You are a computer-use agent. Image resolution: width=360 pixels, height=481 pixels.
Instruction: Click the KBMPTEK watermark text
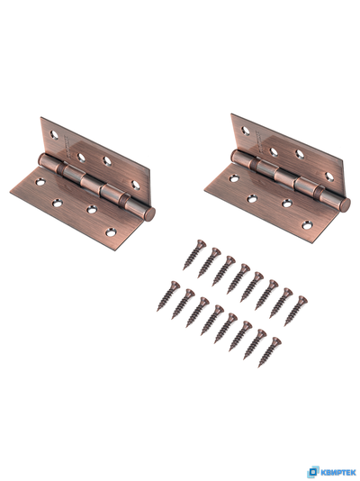(x=338, y=472)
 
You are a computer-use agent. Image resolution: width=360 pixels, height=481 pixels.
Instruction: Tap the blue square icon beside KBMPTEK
(x=313, y=472)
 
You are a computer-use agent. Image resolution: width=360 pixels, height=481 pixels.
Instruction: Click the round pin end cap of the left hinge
(x=149, y=214)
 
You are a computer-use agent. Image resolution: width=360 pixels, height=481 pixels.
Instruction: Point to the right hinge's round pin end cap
(x=346, y=204)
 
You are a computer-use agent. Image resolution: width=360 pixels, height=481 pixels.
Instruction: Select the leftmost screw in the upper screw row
(x=194, y=255)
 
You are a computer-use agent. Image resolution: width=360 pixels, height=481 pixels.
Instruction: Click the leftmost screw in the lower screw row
(x=168, y=296)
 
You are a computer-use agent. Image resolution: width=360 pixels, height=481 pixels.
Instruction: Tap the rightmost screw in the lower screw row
(x=270, y=352)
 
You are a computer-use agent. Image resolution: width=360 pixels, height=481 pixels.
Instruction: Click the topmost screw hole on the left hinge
(x=54, y=135)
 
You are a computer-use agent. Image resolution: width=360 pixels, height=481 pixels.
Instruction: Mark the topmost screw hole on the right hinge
(x=246, y=131)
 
